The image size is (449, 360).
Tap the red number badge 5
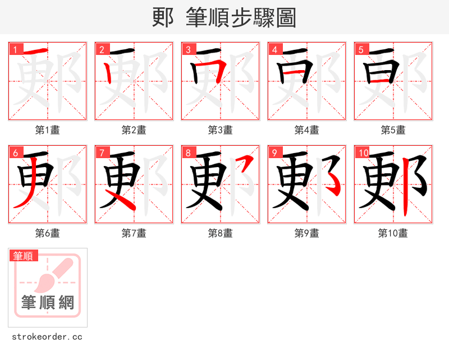pos(361,49)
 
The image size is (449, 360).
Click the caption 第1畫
pos(48,130)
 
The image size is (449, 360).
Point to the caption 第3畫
pos(221,130)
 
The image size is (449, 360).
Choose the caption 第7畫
pos(134,233)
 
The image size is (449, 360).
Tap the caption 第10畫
pos(393,233)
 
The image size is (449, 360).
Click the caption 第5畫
pos(393,130)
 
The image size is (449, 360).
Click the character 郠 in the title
pos(163,17)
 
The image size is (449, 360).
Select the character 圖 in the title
pos(286,17)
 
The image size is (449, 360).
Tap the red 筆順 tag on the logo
pos(24,256)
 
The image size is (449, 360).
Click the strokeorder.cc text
pos(47,337)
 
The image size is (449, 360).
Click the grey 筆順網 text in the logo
pos(48,303)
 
